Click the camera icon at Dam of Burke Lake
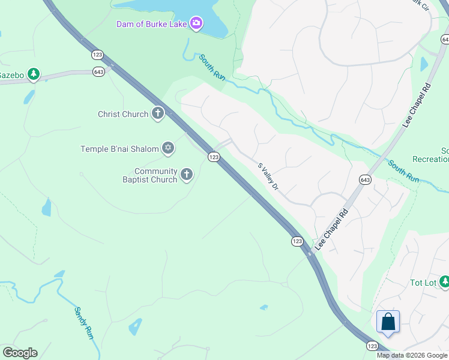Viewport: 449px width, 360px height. pyautogui.click(x=196, y=24)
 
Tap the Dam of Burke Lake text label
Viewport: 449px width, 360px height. pyautogui.click(x=152, y=24)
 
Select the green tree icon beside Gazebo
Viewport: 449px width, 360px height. pyautogui.click(x=34, y=74)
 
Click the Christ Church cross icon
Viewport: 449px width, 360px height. pyautogui.click(x=157, y=113)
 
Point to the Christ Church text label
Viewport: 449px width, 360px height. pyautogui.click(x=122, y=114)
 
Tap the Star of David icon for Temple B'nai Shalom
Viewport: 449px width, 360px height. pyautogui.click(x=168, y=148)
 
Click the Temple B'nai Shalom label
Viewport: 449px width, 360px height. pyautogui.click(x=119, y=149)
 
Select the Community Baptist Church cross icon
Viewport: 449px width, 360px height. pyautogui.click(x=187, y=175)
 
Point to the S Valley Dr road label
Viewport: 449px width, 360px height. pyautogui.click(x=268, y=176)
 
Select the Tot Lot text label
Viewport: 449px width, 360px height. pyautogui.click(x=423, y=283)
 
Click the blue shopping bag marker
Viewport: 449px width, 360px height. pyautogui.click(x=388, y=322)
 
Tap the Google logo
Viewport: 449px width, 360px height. pyautogui.click(x=20, y=353)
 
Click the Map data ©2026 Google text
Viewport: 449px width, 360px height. pyautogui.click(x=411, y=355)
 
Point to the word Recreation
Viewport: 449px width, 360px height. pyautogui.click(x=431, y=159)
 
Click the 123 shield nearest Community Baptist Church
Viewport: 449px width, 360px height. pyautogui.click(x=213, y=157)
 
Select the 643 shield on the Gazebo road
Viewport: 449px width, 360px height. pyautogui.click(x=99, y=71)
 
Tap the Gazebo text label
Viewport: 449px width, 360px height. pyautogui.click(x=11, y=75)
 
